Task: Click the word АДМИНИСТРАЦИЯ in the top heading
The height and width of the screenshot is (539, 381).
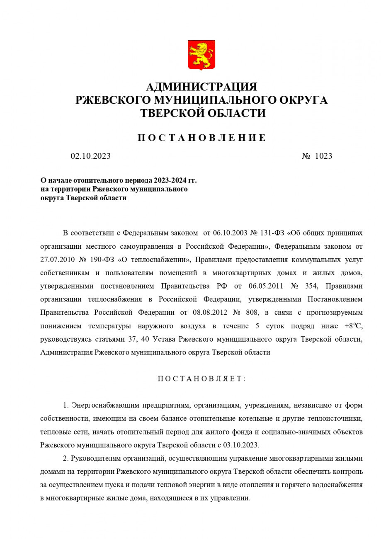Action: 201,87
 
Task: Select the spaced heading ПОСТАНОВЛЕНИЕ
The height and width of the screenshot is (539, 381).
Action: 201,138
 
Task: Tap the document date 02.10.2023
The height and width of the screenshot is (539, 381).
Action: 90,156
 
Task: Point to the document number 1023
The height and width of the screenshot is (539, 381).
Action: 323,156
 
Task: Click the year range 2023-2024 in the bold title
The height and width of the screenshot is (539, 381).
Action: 170,180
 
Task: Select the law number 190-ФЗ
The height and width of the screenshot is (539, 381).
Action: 102,260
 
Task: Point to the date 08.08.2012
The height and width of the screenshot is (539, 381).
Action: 210,312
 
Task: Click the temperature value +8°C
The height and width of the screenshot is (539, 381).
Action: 353,325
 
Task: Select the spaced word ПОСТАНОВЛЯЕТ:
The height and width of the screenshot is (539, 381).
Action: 201,379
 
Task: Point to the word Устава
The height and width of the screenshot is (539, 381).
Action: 165,339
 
